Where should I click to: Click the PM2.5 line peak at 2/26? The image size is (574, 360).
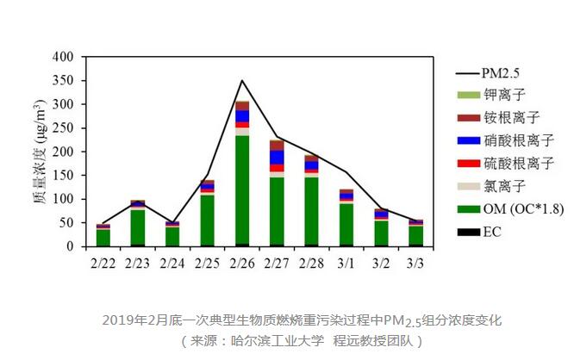pyautogui.click(x=242, y=81)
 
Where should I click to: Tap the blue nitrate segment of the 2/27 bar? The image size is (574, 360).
pyautogui.click(x=277, y=157)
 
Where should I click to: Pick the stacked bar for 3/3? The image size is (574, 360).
pyautogui.click(x=416, y=233)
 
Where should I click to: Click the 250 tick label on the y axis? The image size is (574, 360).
pyautogui.click(x=67, y=128)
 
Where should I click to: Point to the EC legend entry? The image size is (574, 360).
pyautogui.click(x=492, y=231)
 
